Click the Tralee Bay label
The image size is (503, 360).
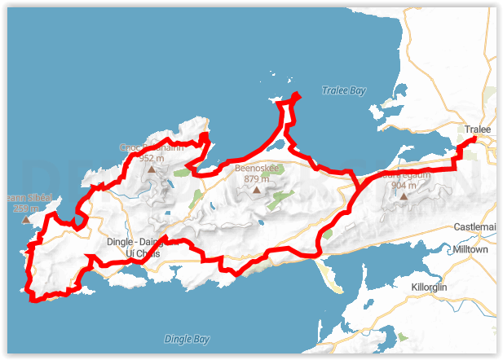[x=343, y=90]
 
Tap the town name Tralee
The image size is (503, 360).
[x=477, y=130]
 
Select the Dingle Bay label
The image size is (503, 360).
[x=187, y=339]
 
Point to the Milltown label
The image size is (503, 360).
[x=470, y=249]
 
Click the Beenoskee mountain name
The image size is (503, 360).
[x=257, y=169]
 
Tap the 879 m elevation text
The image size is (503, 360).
[x=257, y=178]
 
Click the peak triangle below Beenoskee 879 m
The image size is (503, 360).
[x=257, y=190]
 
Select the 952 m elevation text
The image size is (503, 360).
[x=151, y=158]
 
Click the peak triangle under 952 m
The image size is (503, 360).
[x=151, y=170]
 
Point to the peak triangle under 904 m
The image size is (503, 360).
[x=403, y=196]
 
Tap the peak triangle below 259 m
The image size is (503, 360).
[x=25, y=219]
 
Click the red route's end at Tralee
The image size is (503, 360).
[x=474, y=141]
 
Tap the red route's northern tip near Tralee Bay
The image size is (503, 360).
[x=296, y=96]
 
